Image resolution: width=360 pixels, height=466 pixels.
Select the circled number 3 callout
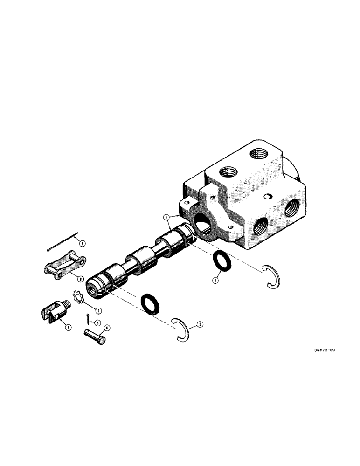200,325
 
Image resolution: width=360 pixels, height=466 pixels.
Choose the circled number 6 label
68,327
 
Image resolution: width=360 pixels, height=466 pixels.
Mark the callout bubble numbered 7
99,310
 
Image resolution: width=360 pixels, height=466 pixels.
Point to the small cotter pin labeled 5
89,318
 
